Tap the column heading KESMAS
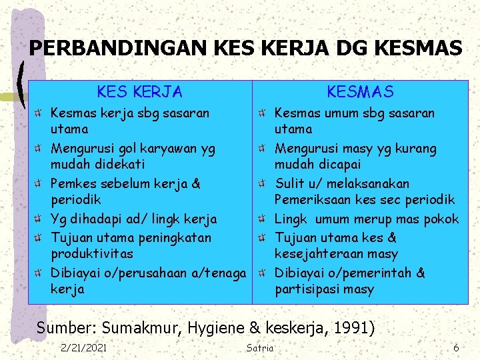(360, 91)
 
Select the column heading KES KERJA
(139, 91)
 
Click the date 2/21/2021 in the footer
(83, 347)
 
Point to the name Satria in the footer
(260, 347)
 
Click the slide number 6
(456, 347)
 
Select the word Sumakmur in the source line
(145, 327)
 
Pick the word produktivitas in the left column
(92, 254)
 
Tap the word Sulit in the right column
(291, 183)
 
